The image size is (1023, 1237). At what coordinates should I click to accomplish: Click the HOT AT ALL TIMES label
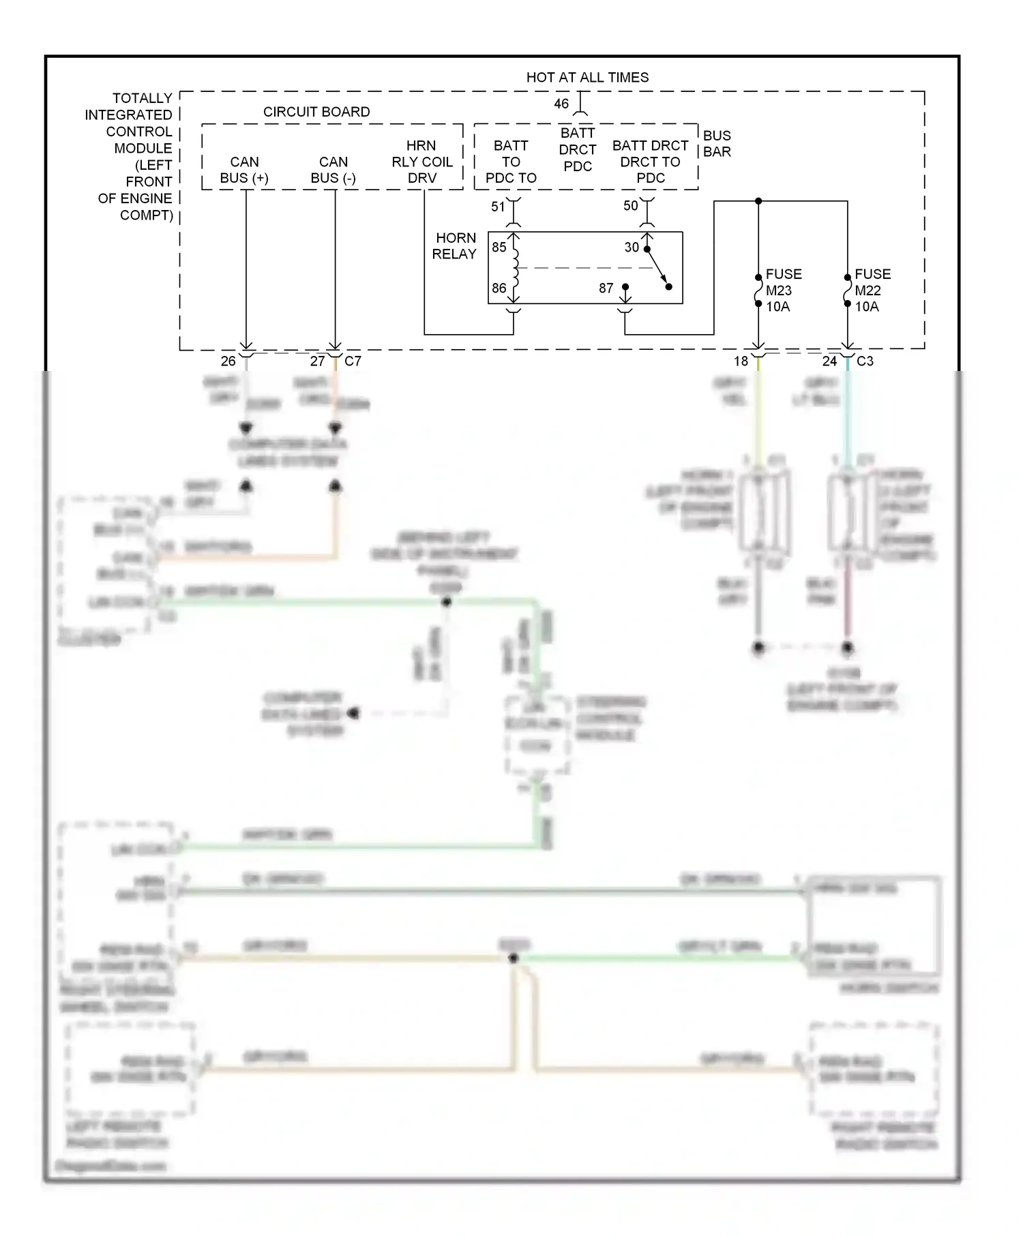point(587,78)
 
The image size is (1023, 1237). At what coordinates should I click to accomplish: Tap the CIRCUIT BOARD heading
point(316,112)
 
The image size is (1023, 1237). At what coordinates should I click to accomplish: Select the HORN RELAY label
point(455,246)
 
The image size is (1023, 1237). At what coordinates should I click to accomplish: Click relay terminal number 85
point(499,247)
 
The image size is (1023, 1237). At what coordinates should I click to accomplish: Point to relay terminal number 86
point(499,288)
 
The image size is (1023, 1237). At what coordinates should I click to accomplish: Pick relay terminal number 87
point(606,288)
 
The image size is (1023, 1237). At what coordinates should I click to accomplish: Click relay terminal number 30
point(632,247)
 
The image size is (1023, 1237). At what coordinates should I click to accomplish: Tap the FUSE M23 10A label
point(783,290)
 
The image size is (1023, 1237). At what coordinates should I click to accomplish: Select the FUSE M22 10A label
point(872,290)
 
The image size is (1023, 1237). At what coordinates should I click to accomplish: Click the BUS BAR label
point(717,144)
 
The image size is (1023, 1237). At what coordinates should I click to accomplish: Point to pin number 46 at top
point(561,104)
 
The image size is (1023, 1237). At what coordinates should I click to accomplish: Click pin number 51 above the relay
point(498,207)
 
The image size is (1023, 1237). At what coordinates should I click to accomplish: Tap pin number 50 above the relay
point(630,206)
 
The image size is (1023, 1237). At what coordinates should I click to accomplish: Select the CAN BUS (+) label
point(244,170)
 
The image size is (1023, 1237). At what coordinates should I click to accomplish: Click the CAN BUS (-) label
point(333,170)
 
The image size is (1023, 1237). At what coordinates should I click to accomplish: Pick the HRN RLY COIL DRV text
point(421,162)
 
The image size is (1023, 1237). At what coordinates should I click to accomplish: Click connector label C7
point(353,361)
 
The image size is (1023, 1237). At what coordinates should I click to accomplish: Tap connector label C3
point(865,361)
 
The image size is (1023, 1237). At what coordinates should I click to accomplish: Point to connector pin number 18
point(741,361)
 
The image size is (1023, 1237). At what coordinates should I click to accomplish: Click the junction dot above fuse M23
point(758,201)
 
